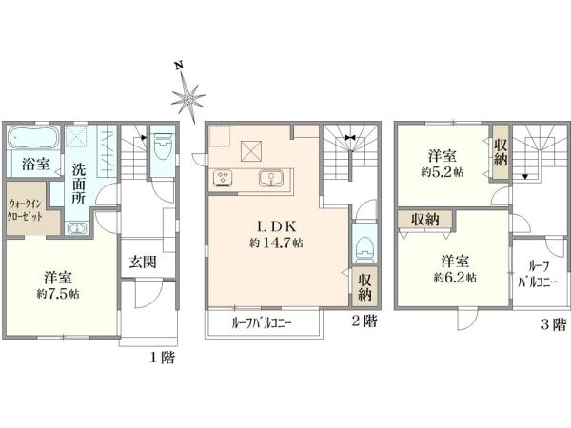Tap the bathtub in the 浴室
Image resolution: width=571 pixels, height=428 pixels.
[x=33, y=138]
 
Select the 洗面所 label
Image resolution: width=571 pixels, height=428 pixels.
[x=78, y=184]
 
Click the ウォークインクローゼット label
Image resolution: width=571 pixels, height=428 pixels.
[x=25, y=210]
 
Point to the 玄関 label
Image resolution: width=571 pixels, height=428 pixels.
[x=143, y=262]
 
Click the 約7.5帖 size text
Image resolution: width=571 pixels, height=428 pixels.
[x=58, y=294]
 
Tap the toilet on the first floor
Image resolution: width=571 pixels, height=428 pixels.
[x=163, y=146]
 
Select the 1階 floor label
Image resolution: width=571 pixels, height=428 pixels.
[x=163, y=358]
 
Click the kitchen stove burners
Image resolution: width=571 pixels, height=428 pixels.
[x=222, y=178]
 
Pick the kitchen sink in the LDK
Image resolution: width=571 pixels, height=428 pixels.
[x=270, y=179]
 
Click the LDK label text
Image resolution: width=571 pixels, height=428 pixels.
[x=276, y=227]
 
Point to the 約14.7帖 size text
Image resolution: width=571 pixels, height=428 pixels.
[x=276, y=243]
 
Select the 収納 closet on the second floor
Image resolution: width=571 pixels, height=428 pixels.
[x=364, y=287]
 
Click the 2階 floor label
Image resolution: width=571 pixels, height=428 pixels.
[x=364, y=321]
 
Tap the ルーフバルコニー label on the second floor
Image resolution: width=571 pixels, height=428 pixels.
[x=262, y=323]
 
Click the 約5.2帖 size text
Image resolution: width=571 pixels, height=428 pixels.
[x=443, y=172]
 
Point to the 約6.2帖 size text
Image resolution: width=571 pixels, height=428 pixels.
[x=455, y=278]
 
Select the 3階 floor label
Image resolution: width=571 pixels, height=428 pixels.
[x=554, y=324]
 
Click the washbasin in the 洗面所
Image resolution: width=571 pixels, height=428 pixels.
[x=76, y=228]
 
